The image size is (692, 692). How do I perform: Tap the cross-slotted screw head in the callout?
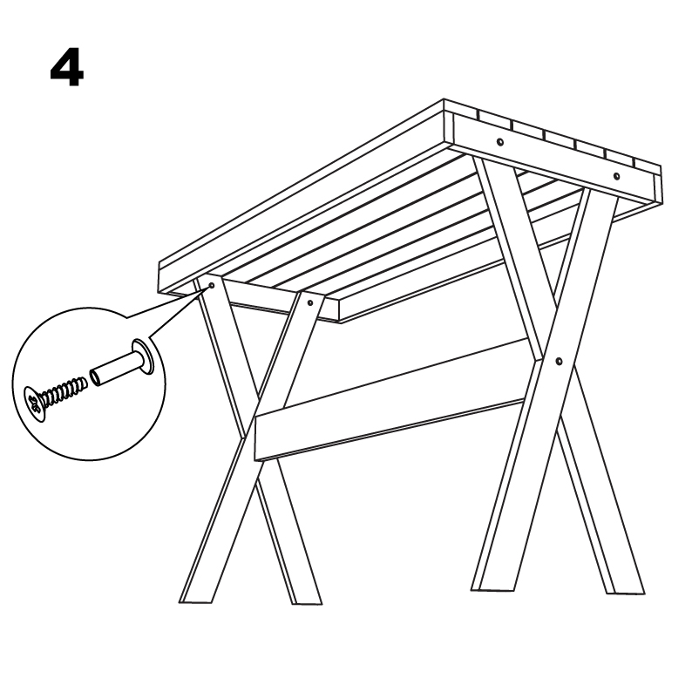click(x=34, y=403)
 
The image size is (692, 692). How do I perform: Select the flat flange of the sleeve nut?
click(x=143, y=356)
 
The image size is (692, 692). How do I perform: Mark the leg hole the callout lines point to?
click(x=212, y=286)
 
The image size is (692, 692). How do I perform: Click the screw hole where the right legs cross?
click(x=559, y=362)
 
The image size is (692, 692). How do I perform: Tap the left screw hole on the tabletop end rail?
click(x=499, y=142)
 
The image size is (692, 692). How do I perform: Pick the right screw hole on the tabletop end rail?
click(x=616, y=177)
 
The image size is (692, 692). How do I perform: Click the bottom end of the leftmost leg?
click(x=196, y=601)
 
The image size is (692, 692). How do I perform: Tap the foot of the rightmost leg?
click(x=628, y=593)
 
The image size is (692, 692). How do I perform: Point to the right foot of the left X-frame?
click(x=307, y=602)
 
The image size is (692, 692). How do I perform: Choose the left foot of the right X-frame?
click(x=493, y=589)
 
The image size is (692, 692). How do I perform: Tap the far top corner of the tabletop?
click(x=444, y=100)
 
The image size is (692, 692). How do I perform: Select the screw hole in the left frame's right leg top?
click(x=310, y=303)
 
